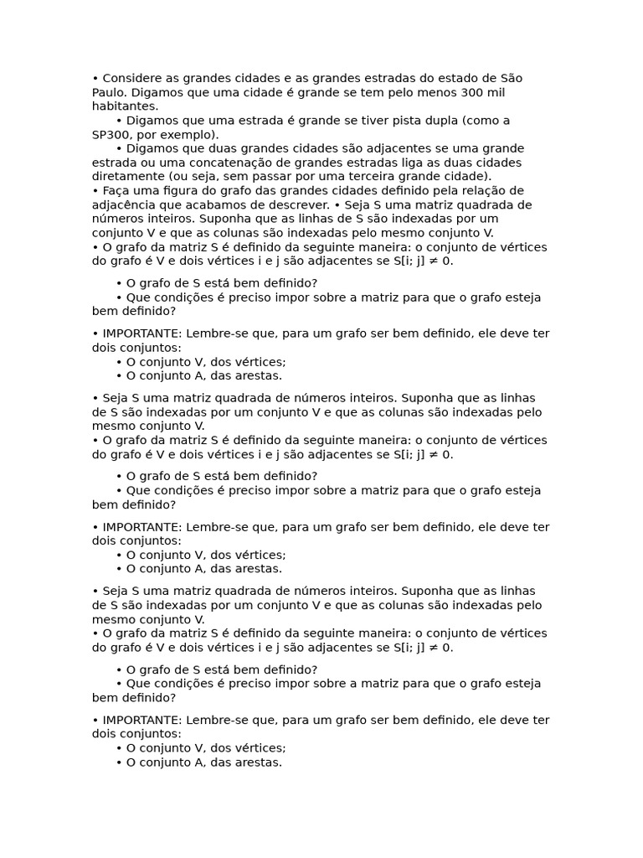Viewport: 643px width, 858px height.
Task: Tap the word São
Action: tap(510, 78)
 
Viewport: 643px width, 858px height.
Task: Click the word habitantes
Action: tap(125, 106)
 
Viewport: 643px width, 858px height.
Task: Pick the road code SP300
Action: tap(113, 134)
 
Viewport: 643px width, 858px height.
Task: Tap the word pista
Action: tap(388, 121)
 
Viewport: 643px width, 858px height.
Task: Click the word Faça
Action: tap(118, 190)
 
